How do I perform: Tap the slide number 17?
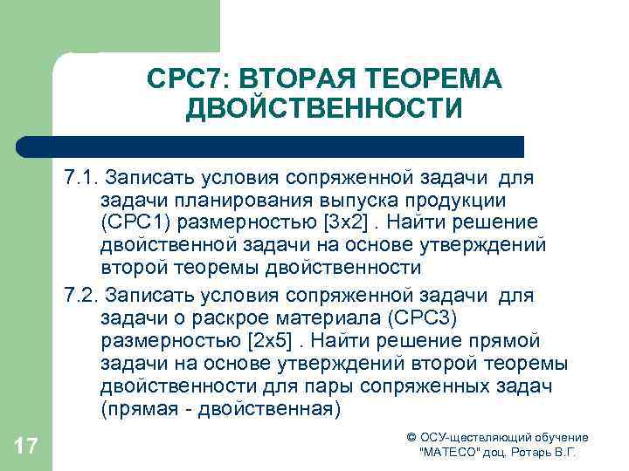(x=26, y=447)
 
